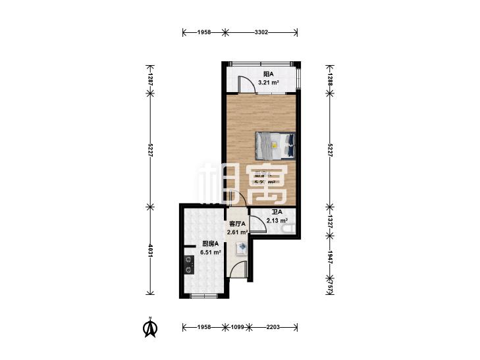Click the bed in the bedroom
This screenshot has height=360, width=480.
[275, 145]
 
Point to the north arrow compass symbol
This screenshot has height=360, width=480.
[151, 327]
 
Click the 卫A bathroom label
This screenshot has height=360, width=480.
[277, 212]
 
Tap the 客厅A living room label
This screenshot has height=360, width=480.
[237, 224]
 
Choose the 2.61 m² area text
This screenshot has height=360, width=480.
[237, 232]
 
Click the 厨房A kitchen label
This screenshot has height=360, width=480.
[211, 244]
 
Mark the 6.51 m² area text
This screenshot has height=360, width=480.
[211, 252]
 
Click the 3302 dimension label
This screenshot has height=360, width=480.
[261, 32]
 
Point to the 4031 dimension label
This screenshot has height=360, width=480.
[150, 250]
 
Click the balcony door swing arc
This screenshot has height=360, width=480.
[245, 84]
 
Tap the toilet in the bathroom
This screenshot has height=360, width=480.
[288, 228]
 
